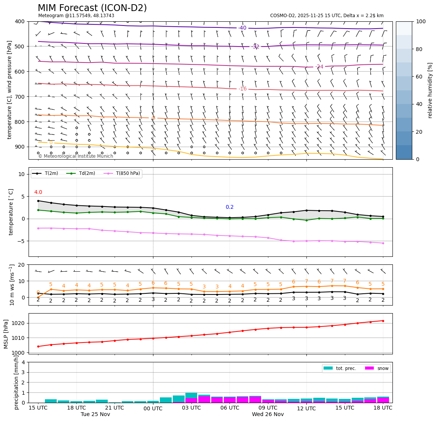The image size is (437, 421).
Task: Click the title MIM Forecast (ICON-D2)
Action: tap(92, 8)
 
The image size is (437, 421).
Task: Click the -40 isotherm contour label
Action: tap(242, 28)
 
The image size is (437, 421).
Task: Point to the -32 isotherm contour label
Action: tap(255, 47)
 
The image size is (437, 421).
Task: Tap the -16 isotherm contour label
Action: tap(242, 89)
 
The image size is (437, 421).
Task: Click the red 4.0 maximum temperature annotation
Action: tap(38, 192)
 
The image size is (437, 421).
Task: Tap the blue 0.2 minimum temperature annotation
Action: tap(230, 207)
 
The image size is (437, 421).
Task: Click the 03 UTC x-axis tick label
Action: tap(191, 408)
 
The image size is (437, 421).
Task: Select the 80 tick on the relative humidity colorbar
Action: tap(421, 49)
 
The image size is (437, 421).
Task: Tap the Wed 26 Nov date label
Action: tap(268, 415)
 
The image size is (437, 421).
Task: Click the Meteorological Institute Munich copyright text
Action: tap(75, 156)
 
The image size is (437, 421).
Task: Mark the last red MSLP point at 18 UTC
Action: tap(383, 321)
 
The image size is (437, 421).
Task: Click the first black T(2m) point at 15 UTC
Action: tap(38, 201)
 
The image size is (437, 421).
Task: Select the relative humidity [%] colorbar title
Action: tap(430, 90)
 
